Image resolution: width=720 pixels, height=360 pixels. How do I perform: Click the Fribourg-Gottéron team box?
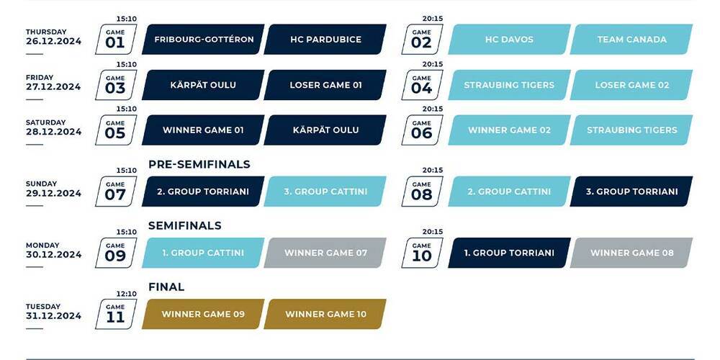point(204,40)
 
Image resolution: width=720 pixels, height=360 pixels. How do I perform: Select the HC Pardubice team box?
point(325,40)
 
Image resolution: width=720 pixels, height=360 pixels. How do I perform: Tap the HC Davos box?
point(509,40)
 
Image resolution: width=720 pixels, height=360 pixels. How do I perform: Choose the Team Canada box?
point(631,40)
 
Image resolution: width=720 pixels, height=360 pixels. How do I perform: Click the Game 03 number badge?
point(115,85)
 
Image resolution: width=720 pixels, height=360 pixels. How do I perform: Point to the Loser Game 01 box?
point(325,85)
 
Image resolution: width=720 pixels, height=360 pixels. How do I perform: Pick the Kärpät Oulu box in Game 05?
point(325,130)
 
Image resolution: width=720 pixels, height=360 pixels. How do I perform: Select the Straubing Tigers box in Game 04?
point(509,85)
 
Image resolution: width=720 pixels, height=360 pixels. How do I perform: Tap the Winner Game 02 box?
point(509,130)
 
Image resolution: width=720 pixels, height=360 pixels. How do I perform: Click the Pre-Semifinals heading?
point(199,164)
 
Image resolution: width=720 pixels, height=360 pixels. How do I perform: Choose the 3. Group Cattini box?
point(325,192)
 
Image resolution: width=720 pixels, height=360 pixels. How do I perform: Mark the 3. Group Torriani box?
point(631,192)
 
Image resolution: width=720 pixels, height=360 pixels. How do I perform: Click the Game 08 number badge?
point(421,192)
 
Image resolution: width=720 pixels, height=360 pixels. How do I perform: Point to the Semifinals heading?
point(184,225)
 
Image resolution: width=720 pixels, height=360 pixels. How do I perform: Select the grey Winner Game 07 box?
point(325,253)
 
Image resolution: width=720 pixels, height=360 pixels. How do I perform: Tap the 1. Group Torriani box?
point(509,253)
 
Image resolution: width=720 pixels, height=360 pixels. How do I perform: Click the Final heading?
point(166,287)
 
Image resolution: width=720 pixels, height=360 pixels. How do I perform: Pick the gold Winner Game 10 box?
point(325,314)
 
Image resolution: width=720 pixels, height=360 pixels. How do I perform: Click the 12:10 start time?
point(126,294)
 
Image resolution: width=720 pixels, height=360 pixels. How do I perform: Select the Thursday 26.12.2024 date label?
point(53,37)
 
